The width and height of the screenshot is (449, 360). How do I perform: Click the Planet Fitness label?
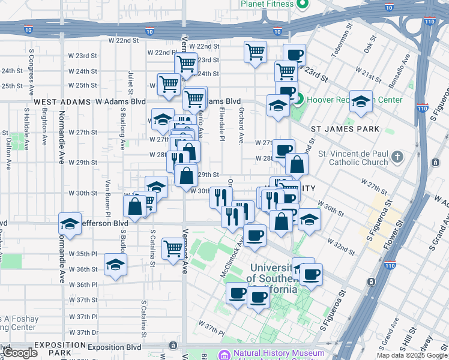click(267, 4)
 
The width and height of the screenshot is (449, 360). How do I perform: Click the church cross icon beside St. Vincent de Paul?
click(397, 158)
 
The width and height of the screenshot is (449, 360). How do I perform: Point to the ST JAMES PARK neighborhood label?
click(345, 129)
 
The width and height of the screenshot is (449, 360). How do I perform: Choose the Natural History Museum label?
click(279, 354)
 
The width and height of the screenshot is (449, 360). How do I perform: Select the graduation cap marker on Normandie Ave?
click(70, 224)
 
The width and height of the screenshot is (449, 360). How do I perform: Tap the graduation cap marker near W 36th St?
click(115, 265)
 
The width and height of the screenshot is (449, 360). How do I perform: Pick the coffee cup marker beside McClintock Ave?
click(254, 235)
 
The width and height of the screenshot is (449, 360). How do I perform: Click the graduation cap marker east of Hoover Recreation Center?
click(361, 102)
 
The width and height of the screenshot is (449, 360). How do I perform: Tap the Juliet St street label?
click(130, 82)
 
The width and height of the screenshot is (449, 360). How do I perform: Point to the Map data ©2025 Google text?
click(411, 355)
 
